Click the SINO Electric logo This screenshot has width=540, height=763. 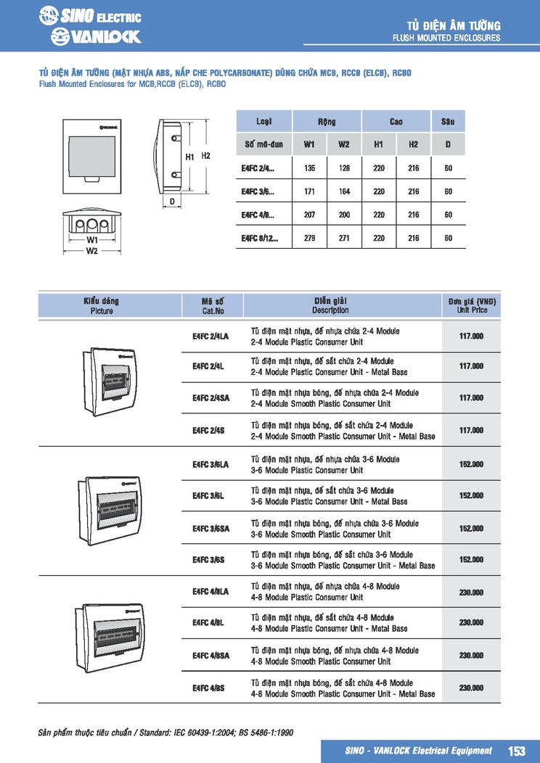coord(90,16)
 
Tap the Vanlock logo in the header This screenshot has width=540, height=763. coord(96,36)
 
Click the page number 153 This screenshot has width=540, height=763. coord(516,751)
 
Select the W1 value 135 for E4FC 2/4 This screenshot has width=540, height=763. coord(309,168)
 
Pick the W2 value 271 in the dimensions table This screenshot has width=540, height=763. coord(343,238)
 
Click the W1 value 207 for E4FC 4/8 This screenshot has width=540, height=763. coord(309,215)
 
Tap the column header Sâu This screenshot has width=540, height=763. coord(448,121)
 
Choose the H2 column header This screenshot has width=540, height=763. coord(413,144)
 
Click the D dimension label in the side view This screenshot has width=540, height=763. coord(172,201)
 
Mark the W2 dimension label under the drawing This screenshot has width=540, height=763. coord(92,251)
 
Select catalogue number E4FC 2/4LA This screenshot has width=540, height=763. coord(210,337)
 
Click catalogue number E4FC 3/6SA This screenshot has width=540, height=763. coord(210,529)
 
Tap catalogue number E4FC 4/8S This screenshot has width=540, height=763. coord(208,688)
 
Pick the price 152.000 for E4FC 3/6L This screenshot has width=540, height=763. coord(471,496)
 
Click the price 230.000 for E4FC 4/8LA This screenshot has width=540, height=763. coord(471,593)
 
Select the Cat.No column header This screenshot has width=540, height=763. coord(213,305)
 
